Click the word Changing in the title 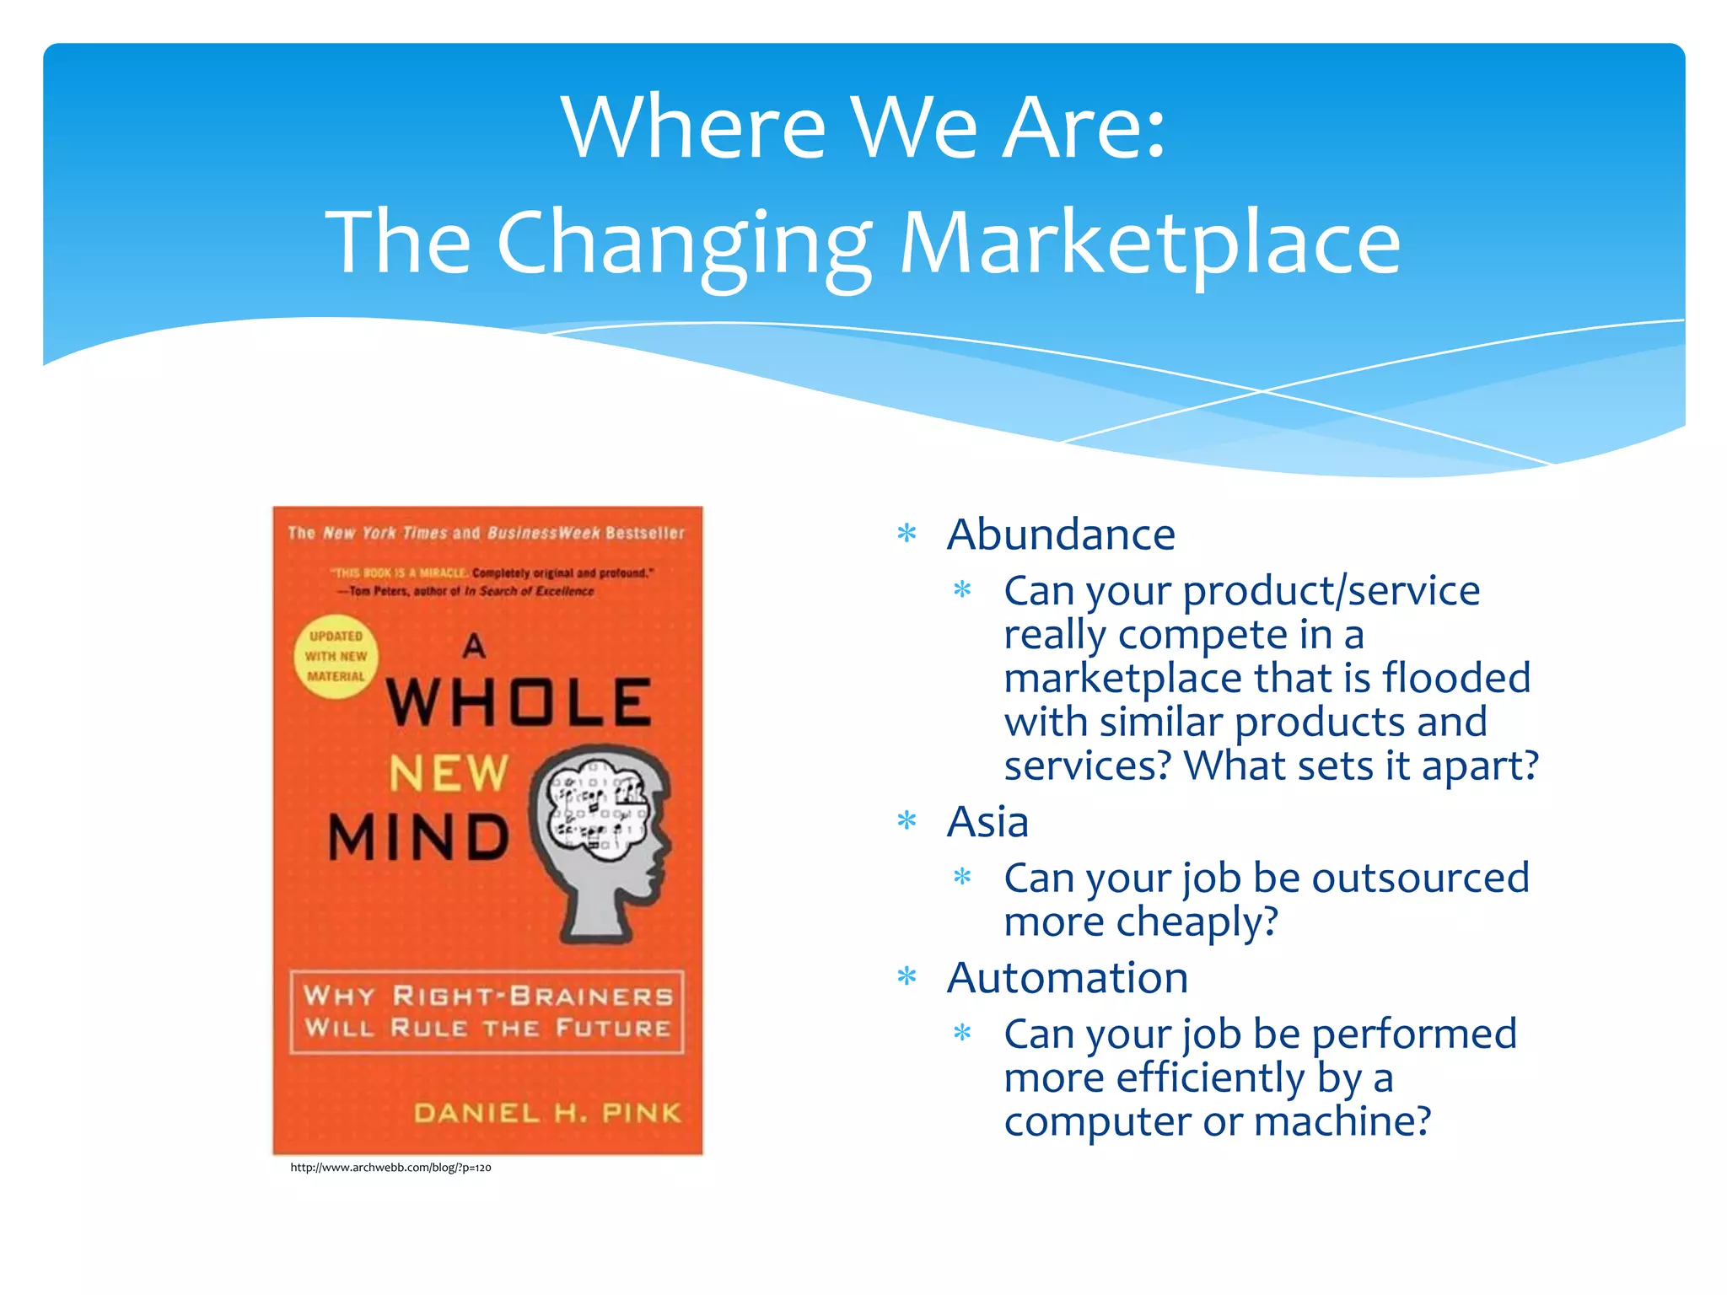click(x=684, y=244)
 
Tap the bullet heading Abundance click(x=1061, y=535)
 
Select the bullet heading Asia click(x=987, y=822)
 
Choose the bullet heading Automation click(x=1068, y=978)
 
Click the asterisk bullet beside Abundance click(x=907, y=534)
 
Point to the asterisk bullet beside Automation click(x=907, y=977)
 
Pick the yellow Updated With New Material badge click(x=336, y=657)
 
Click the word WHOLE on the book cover click(x=519, y=703)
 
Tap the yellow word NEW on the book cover click(x=449, y=773)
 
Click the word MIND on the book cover click(x=419, y=837)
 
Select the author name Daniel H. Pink click(x=547, y=1113)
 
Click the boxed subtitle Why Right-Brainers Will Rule click(x=487, y=1012)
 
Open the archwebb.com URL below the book click(x=390, y=1168)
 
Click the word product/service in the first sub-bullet click(x=1332, y=590)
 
